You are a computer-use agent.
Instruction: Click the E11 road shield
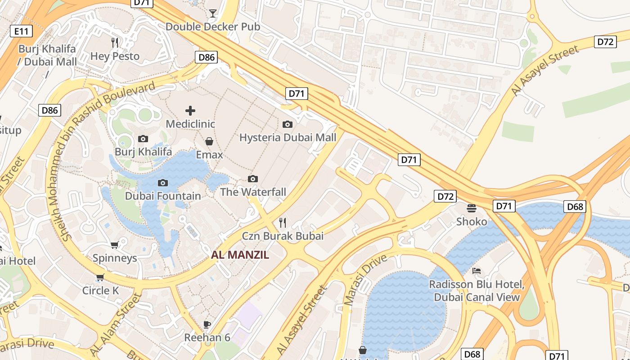(21, 31)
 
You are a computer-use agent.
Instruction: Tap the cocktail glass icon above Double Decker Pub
(212, 13)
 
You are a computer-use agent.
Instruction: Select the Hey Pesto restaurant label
(115, 56)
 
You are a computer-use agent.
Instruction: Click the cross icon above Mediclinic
(190, 110)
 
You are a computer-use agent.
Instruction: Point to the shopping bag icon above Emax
(209, 141)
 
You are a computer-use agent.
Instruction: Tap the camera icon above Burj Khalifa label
(143, 139)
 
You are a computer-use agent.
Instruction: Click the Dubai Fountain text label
(163, 196)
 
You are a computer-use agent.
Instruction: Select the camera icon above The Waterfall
(253, 179)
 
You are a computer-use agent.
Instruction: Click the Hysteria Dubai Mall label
(288, 137)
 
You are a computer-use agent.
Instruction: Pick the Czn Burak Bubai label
(283, 236)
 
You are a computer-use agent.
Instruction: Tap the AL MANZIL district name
(240, 255)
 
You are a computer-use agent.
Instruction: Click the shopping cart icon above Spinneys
(114, 245)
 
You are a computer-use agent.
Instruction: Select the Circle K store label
(100, 291)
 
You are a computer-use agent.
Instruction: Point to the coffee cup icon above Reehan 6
(207, 324)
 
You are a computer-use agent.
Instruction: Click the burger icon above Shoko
(472, 208)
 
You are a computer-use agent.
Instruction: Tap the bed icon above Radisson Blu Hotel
(477, 271)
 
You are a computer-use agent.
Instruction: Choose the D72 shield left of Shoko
(445, 196)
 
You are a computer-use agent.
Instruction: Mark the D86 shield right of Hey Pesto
(207, 57)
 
